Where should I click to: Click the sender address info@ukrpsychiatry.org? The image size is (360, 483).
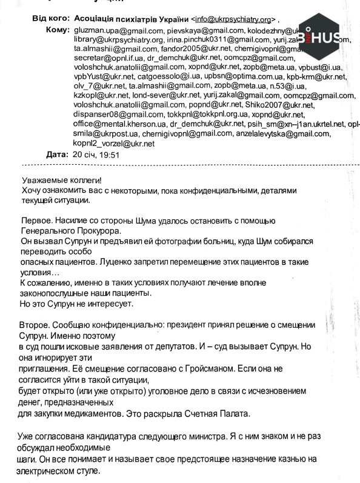pyautogui.click(x=228, y=19)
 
